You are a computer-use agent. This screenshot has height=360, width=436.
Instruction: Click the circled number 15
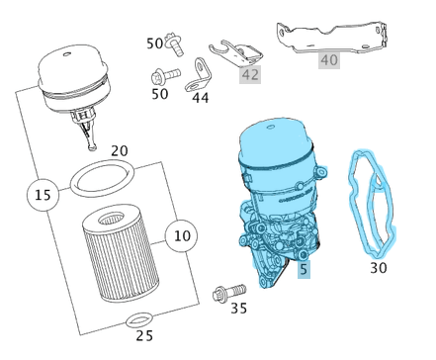(42, 196)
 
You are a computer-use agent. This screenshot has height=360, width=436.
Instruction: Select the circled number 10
(181, 236)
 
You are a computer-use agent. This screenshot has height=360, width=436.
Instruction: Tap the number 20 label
(119, 151)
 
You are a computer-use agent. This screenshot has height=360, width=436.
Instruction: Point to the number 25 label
(144, 336)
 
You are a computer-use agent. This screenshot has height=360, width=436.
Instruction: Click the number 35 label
(238, 309)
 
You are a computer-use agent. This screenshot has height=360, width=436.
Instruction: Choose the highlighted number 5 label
(304, 268)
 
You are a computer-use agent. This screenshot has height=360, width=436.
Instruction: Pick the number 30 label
(379, 267)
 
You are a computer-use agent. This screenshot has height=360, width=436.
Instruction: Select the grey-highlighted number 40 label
(329, 60)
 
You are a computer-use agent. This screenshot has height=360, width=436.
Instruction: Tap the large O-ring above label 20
(102, 181)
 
